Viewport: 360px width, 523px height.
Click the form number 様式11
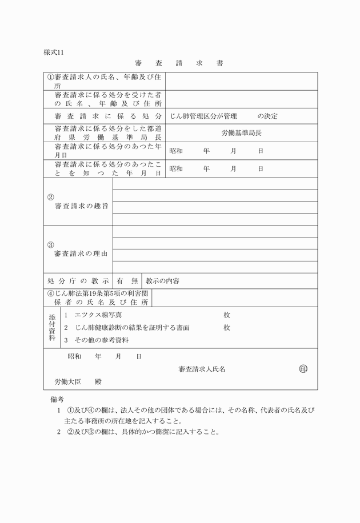click(55, 53)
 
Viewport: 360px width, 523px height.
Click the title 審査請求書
click(179, 63)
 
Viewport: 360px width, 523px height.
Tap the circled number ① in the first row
click(51, 77)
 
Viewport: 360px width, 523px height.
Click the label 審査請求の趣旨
click(81, 206)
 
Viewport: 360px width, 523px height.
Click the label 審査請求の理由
click(81, 253)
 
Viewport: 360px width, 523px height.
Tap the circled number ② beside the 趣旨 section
click(51, 197)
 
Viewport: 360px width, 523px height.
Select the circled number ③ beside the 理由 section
click(51, 244)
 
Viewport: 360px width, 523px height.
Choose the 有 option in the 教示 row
click(120, 281)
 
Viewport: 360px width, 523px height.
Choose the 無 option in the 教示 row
click(134, 281)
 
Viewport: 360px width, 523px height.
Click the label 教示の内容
click(163, 281)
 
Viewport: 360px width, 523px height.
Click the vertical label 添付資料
click(52, 327)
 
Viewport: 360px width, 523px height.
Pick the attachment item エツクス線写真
click(98, 315)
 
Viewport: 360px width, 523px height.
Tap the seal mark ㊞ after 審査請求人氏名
click(303, 369)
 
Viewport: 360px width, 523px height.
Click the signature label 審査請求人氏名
click(202, 369)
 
